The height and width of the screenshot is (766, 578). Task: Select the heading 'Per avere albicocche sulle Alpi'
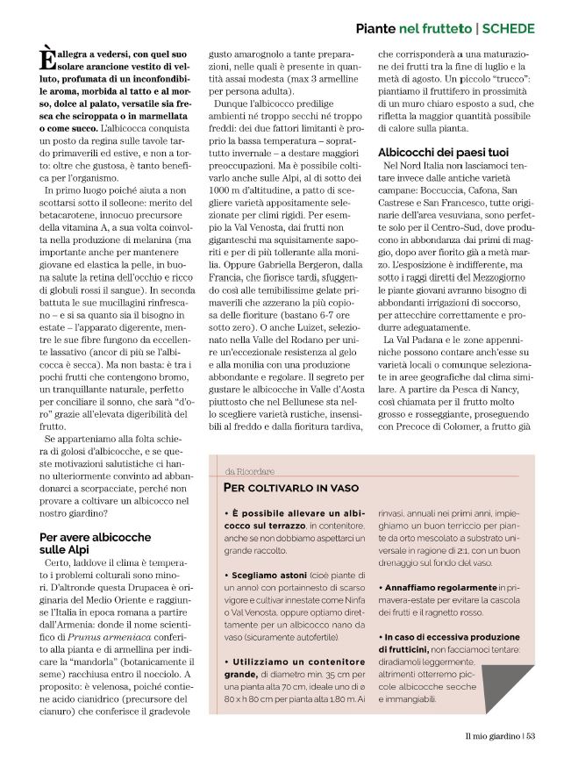[95, 543]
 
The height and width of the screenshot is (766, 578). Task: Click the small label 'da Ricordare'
[244, 470]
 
